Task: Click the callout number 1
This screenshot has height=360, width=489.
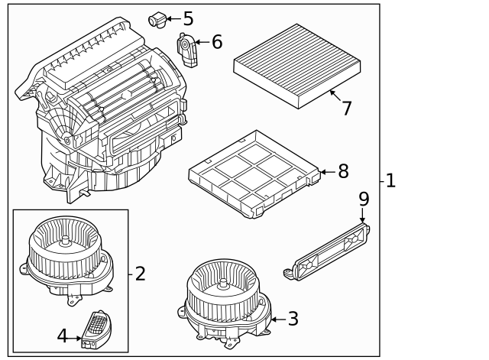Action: pos(390,181)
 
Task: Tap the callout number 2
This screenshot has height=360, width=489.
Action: pos(140,273)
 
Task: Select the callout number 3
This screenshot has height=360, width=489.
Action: pos(293,319)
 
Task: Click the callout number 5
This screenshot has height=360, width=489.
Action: pos(188,18)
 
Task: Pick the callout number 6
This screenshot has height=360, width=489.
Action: pos(216,42)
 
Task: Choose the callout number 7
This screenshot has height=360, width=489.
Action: pos(346,108)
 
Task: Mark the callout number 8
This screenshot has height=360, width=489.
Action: pos(343,171)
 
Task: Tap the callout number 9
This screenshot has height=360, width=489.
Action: pos(364,199)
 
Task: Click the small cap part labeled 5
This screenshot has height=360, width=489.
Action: pos(158,18)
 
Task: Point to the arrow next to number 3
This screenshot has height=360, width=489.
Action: pos(277,319)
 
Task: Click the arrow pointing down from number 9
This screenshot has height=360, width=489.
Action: pos(364,216)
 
